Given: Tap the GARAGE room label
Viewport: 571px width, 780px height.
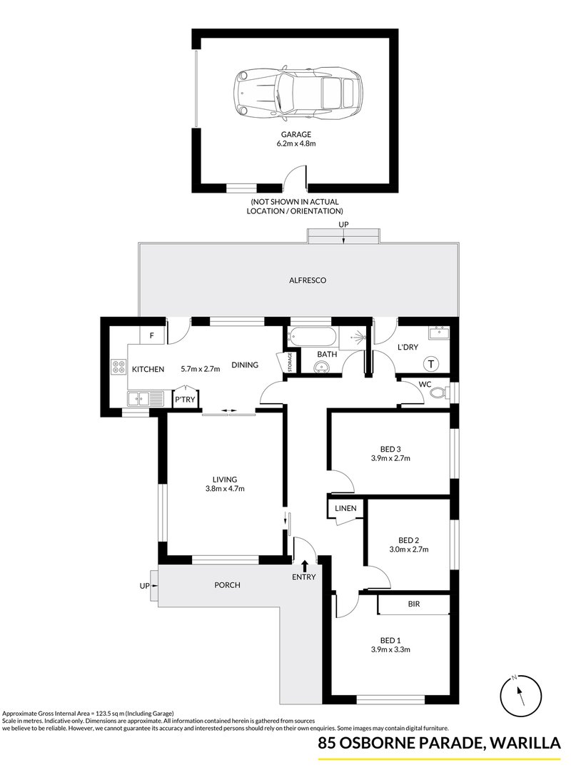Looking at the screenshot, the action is point(296,134).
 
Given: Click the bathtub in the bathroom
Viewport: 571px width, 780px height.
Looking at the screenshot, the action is point(313,336).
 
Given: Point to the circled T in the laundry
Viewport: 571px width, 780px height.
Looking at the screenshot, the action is point(430,364).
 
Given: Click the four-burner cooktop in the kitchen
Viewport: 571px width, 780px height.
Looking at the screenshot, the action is point(119,367).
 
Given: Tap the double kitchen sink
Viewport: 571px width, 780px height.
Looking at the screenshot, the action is point(145,398).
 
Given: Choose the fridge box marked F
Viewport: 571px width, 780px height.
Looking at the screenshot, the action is point(152,336).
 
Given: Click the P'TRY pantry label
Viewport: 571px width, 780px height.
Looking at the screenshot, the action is point(185,399).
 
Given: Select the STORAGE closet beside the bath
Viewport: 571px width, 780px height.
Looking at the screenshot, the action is point(290,362).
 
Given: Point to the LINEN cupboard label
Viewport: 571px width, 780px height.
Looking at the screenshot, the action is point(345,508).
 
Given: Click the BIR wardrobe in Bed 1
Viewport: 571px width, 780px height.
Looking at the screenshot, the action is point(413,604).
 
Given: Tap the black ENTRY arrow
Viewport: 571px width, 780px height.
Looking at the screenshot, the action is point(304,566).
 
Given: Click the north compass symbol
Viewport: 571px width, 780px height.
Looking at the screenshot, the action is point(520,695).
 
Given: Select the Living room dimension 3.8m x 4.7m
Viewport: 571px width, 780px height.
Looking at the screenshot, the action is point(225,489).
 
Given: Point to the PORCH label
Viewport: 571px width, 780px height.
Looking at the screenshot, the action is point(227,585).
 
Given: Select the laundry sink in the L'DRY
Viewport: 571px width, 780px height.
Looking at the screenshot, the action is point(439,333).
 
